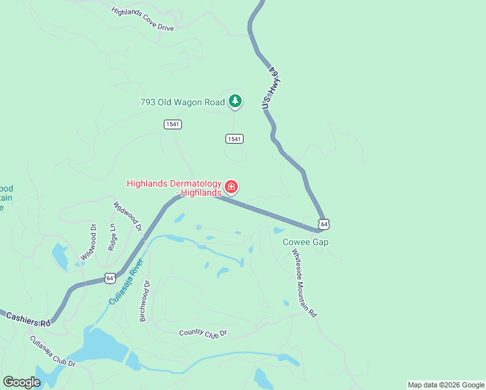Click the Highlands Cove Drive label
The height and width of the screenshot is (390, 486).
(x=143, y=20)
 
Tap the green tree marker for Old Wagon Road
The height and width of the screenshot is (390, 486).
(x=235, y=101)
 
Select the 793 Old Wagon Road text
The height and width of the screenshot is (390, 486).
(x=183, y=102)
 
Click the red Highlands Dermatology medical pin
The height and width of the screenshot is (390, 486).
(x=231, y=188)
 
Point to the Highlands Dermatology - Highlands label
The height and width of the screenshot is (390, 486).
(x=174, y=188)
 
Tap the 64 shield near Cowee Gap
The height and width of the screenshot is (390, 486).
(x=324, y=224)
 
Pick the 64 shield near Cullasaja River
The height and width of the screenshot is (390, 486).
(x=110, y=278)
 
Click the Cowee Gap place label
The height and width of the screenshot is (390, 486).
(x=305, y=242)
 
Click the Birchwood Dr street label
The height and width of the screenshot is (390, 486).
(x=144, y=301)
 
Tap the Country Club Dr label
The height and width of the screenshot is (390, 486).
(x=203, y=333)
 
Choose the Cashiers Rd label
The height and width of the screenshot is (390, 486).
(x=28, y=318)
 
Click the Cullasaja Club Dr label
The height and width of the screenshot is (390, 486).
(x=52, y=351)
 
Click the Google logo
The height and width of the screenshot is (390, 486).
(x=21, y=382)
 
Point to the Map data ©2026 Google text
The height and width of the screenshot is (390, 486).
(x=446, y=385)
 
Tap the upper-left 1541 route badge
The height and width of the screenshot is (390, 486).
(x=172, y=124)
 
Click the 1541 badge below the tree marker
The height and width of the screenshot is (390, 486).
(x=235, y=138)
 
